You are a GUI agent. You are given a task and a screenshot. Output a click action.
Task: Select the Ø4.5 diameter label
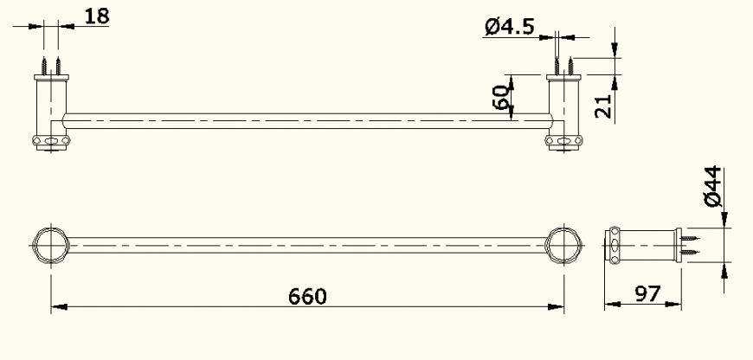point(508,28)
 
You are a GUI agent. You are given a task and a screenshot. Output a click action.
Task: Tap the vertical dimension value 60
point(499,97)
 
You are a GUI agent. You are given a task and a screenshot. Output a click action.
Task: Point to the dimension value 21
point(604,106)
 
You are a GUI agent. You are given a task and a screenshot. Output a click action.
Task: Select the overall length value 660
point(307,296)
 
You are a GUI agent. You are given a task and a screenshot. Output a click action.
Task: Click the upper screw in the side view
point(689,237)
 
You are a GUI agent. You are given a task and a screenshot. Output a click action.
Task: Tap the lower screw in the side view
point(689,253)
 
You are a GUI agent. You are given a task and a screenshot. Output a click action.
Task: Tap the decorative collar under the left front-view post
point(50,141)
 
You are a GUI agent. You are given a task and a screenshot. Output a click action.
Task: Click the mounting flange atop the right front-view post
point(563,79)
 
